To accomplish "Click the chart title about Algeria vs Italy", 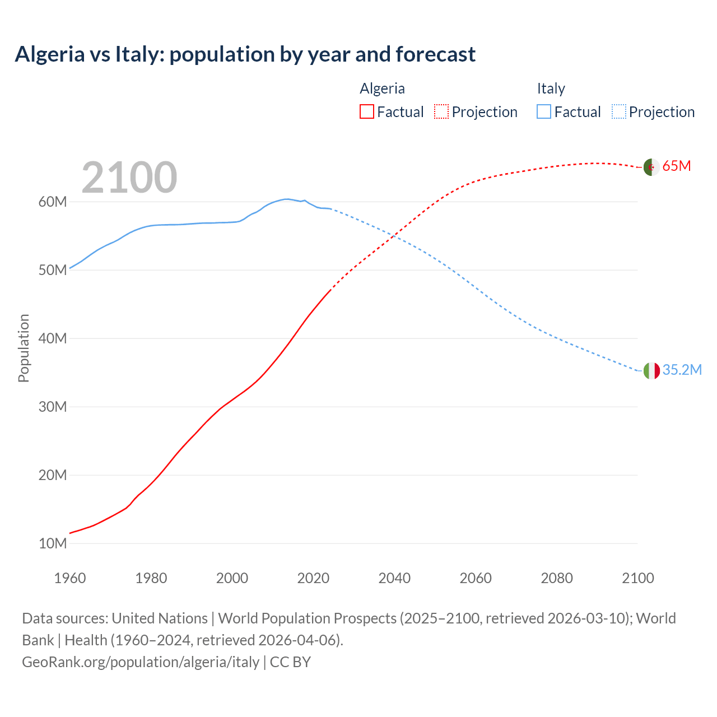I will pos(245,54).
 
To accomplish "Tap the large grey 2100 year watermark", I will pos(129,178).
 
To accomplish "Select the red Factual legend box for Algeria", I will pos(366,111).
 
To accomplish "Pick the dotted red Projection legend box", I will pos(441,111).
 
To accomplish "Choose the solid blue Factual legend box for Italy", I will pos(544,111).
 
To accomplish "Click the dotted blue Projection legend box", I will pos(618,111).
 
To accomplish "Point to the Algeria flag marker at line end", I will pos(651,167).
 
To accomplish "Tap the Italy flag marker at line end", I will pos(651,370).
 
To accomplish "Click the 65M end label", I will pos(677,166).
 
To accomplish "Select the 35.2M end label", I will pos(682,370).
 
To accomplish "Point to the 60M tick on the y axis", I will pos(52,202).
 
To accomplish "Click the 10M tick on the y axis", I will pos(52,543).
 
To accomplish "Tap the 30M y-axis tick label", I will pos(52,407).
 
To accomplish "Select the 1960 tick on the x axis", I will pos(70,578).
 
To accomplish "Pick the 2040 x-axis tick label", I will pos(394,578).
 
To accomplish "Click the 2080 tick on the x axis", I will pos(557,578).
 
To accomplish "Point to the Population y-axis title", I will pos(24,348).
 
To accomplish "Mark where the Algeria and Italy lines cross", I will pos(394,235).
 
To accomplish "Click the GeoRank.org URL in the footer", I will pos(141,662).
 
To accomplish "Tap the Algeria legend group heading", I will pos(382,89).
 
